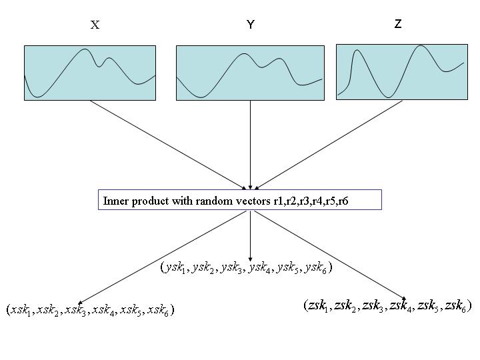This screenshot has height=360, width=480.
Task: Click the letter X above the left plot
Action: click(x=95, y=25)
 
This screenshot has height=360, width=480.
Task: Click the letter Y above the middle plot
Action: click(x=251, y=25)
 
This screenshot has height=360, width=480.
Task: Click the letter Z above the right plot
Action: click(x=398, y=24)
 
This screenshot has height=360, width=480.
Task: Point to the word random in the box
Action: click(x=208, y=200)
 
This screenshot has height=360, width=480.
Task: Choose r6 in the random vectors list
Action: click(x=342, y=200)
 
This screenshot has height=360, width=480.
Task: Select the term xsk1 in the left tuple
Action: click(x=23, y=310)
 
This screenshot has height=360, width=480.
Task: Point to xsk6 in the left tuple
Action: click(x=161, y=310)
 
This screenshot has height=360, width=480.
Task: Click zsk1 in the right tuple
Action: click(x=319, y=306)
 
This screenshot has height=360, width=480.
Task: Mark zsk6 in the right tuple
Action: click(x=455, y=306)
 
